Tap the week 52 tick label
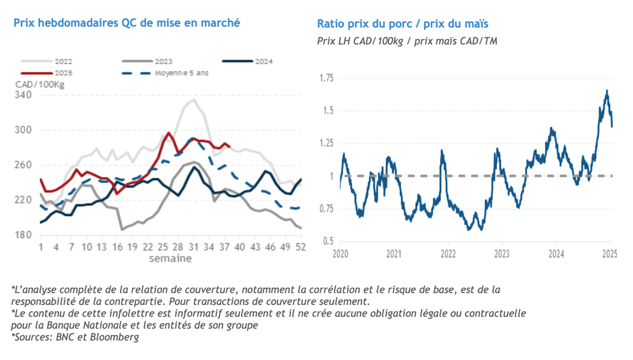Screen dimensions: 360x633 point(300,247)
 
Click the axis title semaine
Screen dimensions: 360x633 point(169,259)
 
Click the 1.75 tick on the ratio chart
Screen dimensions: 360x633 point(326,78)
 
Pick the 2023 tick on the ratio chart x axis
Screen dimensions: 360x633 point(502,254)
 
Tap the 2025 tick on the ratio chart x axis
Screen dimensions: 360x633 point(610,254)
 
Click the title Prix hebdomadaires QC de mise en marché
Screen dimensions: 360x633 point(127,23)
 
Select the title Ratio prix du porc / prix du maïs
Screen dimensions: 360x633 point(402,24)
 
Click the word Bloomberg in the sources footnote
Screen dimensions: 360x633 point(118,337)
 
